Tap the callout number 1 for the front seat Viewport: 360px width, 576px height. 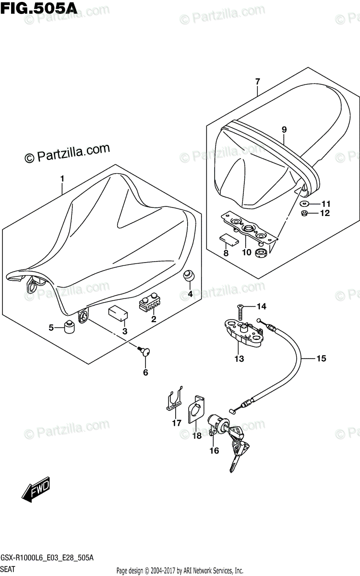[x=62, y=179]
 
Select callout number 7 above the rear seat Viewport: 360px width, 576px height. [x=258, y=81]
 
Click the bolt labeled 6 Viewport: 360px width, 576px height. [x=143, y=352]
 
